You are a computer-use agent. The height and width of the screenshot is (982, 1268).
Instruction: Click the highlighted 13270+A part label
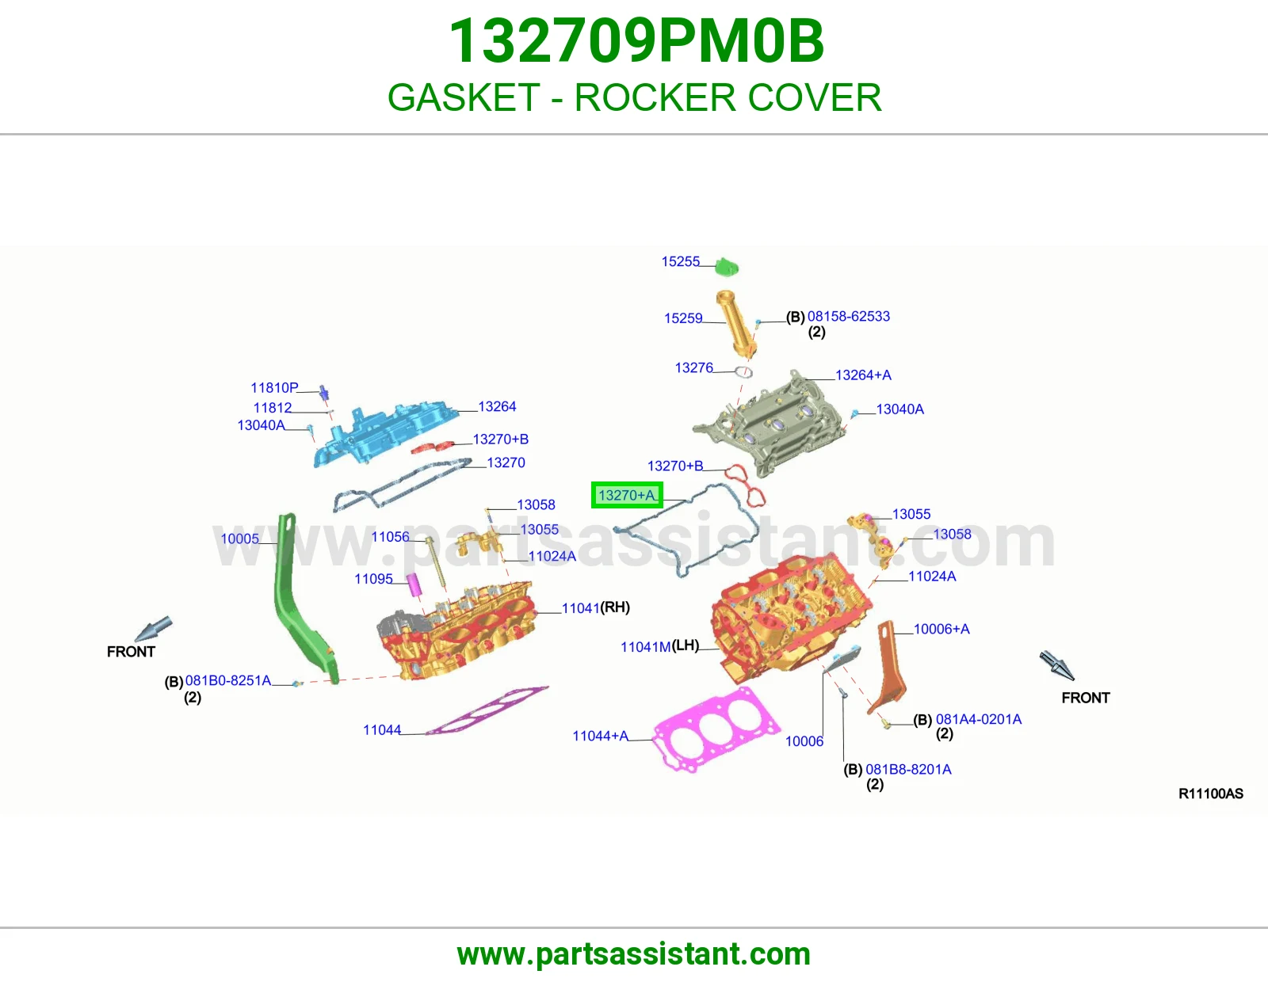point(627,495)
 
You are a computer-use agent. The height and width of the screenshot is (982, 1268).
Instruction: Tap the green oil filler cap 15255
point(727,267)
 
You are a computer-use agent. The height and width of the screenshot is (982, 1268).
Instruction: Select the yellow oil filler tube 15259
point(735,324)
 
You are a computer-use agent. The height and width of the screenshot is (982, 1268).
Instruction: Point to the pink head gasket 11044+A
point(716,729)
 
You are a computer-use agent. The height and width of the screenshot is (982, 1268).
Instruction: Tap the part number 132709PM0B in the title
point(636,41)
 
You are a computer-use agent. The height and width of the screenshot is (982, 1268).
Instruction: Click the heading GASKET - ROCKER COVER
point(634,97)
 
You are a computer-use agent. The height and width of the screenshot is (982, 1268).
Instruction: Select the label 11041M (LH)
point(659,646)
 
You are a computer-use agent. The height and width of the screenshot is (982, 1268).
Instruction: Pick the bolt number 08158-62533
point(849,316)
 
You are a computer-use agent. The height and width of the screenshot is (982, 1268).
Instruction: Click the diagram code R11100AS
point(1211,794)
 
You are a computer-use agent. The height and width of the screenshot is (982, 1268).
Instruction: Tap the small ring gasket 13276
point(743,372)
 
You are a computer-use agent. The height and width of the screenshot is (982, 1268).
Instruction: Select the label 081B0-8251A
point(227,680)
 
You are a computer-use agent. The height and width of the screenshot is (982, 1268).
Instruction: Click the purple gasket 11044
point(487,710)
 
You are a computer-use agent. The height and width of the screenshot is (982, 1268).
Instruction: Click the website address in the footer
point(634,954)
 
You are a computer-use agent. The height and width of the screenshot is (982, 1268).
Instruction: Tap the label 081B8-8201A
point(908,769)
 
